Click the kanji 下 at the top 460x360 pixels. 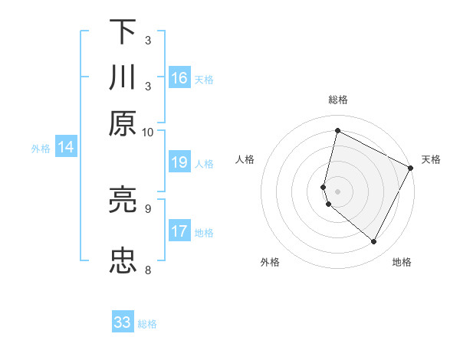pyautogui.click(x=122, y=31)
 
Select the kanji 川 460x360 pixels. pyautogui.click(x=122, y=77)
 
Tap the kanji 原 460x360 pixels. pyautogui.click(x=122, y=123)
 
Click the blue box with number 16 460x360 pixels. pyautogui.click(x=179, y=78)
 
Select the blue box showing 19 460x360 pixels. pyautogui.click(x=179, y=162)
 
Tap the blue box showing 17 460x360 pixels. pyautogui.click(x=179, y=231)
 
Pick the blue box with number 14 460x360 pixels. pyautogui.click(x=65, y=148)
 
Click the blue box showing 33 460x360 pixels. pyautogui.click(x=123, y=322)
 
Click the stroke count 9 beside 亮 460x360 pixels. pyautogui.click(x=148, y=208)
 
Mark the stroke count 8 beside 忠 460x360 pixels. pyautogui.click(x=148, y=270)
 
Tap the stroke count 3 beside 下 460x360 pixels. pyautogui.click(x=148, y=40)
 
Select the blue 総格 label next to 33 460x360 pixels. pyautogui.click(x=147, y=324)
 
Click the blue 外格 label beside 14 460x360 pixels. pyautogui.click(x=40, y=149)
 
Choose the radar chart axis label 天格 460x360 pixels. pyautogui.click(x=431, y=159)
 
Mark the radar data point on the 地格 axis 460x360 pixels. pyautogui.click(x=374, y=242)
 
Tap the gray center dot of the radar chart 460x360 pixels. pyautogui.click(x=337, y=191)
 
